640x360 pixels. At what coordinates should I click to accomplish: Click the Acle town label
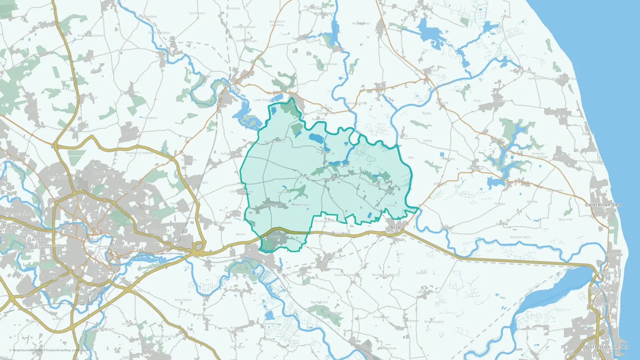pyautogui.click(x=395, y=227)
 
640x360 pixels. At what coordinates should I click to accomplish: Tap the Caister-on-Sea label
pyautogui.click(x=603, y=205)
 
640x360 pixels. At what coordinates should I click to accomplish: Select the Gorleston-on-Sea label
pyautogui.click(x=607, y=347)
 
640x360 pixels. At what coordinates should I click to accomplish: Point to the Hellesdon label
pyautogui.click(x=59, y=178)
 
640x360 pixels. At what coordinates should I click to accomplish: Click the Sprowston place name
pyautogui.click(x=127, y=191)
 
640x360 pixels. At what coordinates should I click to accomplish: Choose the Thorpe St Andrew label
pyautogui.click(x=160, y=233)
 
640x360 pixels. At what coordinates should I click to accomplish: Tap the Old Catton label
pyautogui.click(x=103, y=173)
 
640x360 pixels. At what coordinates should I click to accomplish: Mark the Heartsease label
pyautogui.click(x=148, y=217)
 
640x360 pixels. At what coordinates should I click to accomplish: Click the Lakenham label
pyautogui.click(x=104, y=274)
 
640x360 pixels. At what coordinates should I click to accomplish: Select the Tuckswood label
pyautogui.click(x=81, y=292)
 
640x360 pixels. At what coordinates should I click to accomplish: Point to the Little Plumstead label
pyautogui.click(x=241, y=191)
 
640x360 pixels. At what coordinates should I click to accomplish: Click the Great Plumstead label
pyautogui.click(x=220, y=223)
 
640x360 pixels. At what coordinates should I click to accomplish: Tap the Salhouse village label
pyautogui.click(x=227, y=154)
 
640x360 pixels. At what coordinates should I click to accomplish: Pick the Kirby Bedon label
pyautogui.click(x=184, y=300)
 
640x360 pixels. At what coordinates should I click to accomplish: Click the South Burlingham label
pyautogui.click(x=347, y=275)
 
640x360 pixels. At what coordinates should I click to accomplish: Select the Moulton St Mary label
pyautogui.click(x=384, y=275)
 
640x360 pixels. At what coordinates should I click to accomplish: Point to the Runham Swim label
pyautogui.click(x=520, y=237)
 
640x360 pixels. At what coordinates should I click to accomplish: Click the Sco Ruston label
pyautogui.click(x=197, y=13)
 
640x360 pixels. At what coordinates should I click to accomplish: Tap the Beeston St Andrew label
pyautogui.click(x=139, y=153)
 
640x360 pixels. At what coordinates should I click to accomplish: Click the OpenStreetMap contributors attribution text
pyautogui.click(x=67, y=350)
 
